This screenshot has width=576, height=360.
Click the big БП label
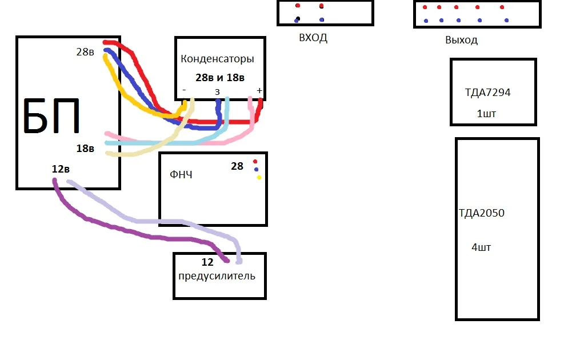pyautogui.click(x=51, y=115)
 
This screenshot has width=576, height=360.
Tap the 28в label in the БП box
pyautogui.click(x=85, y=52)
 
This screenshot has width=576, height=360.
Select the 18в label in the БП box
pyautogui.click(x=85, y=149)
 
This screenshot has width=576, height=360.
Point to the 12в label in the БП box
pyautogui.click(x=61, y=169)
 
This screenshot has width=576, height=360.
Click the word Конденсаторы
pyautogui.click(x=218, y=59)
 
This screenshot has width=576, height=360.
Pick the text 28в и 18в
pyautogui.click(x=220, y=78)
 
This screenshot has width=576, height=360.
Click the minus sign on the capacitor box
pyautogui.click(x=184, y=90)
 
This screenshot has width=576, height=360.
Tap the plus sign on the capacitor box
pyautogui.click(x=259, y=90)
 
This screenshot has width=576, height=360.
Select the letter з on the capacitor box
pyautogui.click(x=218, y=92)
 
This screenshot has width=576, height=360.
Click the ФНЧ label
pyautogui.click(x=181, y=174)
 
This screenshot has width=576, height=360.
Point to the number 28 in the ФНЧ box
pyautogui.click(x=237, y=166)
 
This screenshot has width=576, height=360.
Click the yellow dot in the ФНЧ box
pyautogui.click(x=259, y=177)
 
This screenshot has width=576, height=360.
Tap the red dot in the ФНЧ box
pyautogui.click(x=255, y=162)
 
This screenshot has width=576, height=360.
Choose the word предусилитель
pyautogui.click(x=217, y=276)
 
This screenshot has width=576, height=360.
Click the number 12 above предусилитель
pyautogui.click(x=207, y=262)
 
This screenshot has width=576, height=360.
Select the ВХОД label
pyautogui.click(x=313, y=38)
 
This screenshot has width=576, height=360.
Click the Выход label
pyautogui.click(x=461, y=40)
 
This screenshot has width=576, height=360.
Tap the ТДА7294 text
pyautogui.click(x=488, y=93)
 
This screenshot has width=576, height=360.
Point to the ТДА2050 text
pyautogui.click(x=482, y=213)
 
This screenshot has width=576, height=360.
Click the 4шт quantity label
pyautogui.click(x=481, y=247)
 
